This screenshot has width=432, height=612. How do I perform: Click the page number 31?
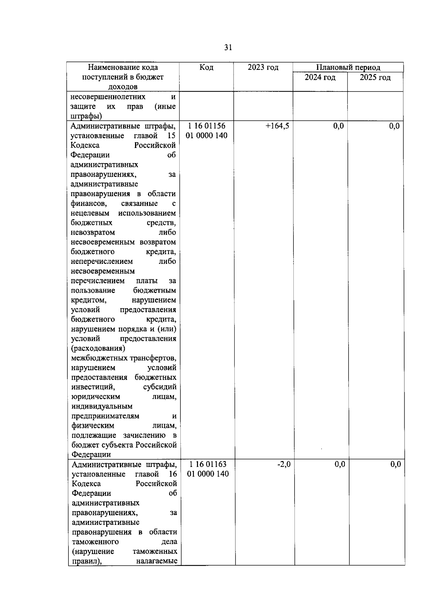pos(228,48)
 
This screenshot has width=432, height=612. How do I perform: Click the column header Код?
pos(206,67)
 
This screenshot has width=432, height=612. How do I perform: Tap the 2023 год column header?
pos(263,67)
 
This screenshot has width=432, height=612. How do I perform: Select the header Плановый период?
pos(348,67)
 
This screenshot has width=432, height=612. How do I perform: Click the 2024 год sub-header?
pos(320,77)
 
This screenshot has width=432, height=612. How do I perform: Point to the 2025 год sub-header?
pos(375,77)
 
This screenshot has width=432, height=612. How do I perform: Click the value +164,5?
pos(277,126)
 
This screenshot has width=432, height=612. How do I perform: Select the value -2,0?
pos(284,464)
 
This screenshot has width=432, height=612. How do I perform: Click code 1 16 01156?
pos(207,126)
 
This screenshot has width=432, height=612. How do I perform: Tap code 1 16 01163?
pos(208,464)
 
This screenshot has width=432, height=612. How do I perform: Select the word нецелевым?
pos(90,213)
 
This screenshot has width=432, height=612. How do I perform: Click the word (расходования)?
pos(98,348)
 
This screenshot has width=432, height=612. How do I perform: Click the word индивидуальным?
pos(102,406)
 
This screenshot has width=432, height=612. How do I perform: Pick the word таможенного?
pos(95,542)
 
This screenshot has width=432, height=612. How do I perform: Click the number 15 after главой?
pos(171,136)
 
